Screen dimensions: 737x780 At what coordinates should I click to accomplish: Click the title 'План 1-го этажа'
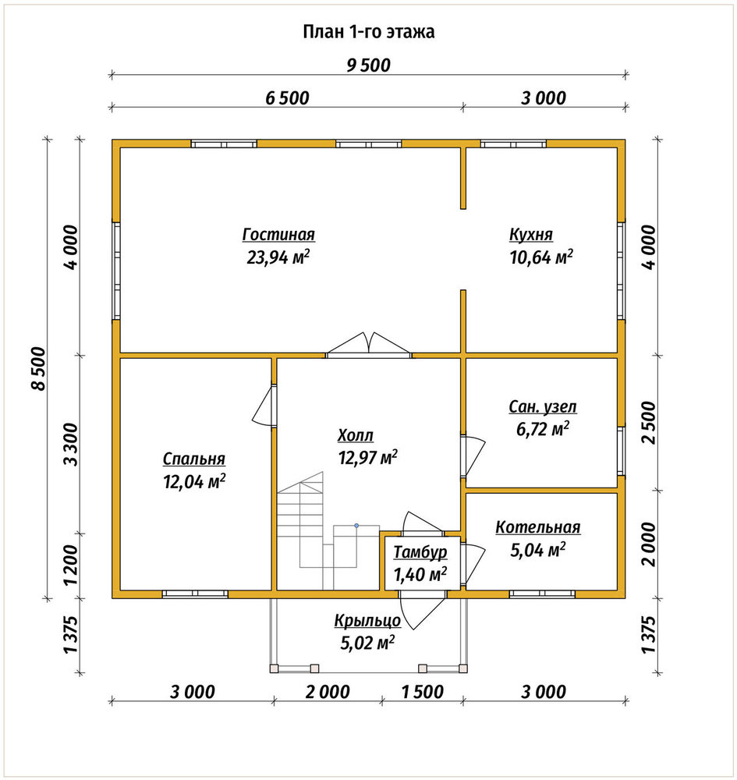click(x=368, y=32)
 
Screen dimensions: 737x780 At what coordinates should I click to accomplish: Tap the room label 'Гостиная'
click(x=278, y=234)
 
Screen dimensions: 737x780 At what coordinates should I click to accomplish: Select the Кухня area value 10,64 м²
click(x=541, y=257)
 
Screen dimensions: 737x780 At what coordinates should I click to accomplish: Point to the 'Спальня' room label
click(x=194, y=459)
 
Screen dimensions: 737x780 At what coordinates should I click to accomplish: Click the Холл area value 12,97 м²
click(x=368, y=457)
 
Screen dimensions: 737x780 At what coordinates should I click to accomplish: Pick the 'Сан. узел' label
click(x=543, y=406)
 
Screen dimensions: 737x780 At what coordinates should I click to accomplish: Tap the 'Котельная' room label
click(x=538, y=527)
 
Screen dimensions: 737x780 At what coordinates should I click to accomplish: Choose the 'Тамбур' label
click(x=420, y=552)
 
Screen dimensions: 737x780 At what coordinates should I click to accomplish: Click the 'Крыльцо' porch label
click(x=367, y=621)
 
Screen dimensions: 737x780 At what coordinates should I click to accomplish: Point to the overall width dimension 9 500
click(x=368, y=66)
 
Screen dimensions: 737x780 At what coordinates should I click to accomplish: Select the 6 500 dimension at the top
click(x=287, y=98)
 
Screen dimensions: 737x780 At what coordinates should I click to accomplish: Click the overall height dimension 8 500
click(x=38, y=369)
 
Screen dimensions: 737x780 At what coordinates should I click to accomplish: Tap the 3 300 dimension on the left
click(x=71, y=445)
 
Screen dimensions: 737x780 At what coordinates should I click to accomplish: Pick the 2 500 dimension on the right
click(x=648, y=422)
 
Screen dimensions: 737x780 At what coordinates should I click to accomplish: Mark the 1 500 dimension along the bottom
click(x=422, y=692)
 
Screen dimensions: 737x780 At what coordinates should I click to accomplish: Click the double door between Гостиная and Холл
click(x=368, y=346)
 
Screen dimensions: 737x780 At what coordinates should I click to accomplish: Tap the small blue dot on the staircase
click(x=356, y=525)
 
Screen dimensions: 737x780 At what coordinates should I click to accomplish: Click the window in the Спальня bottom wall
click(x=195, y=594)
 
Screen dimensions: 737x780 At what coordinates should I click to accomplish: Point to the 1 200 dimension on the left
click(x=71, y=565)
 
